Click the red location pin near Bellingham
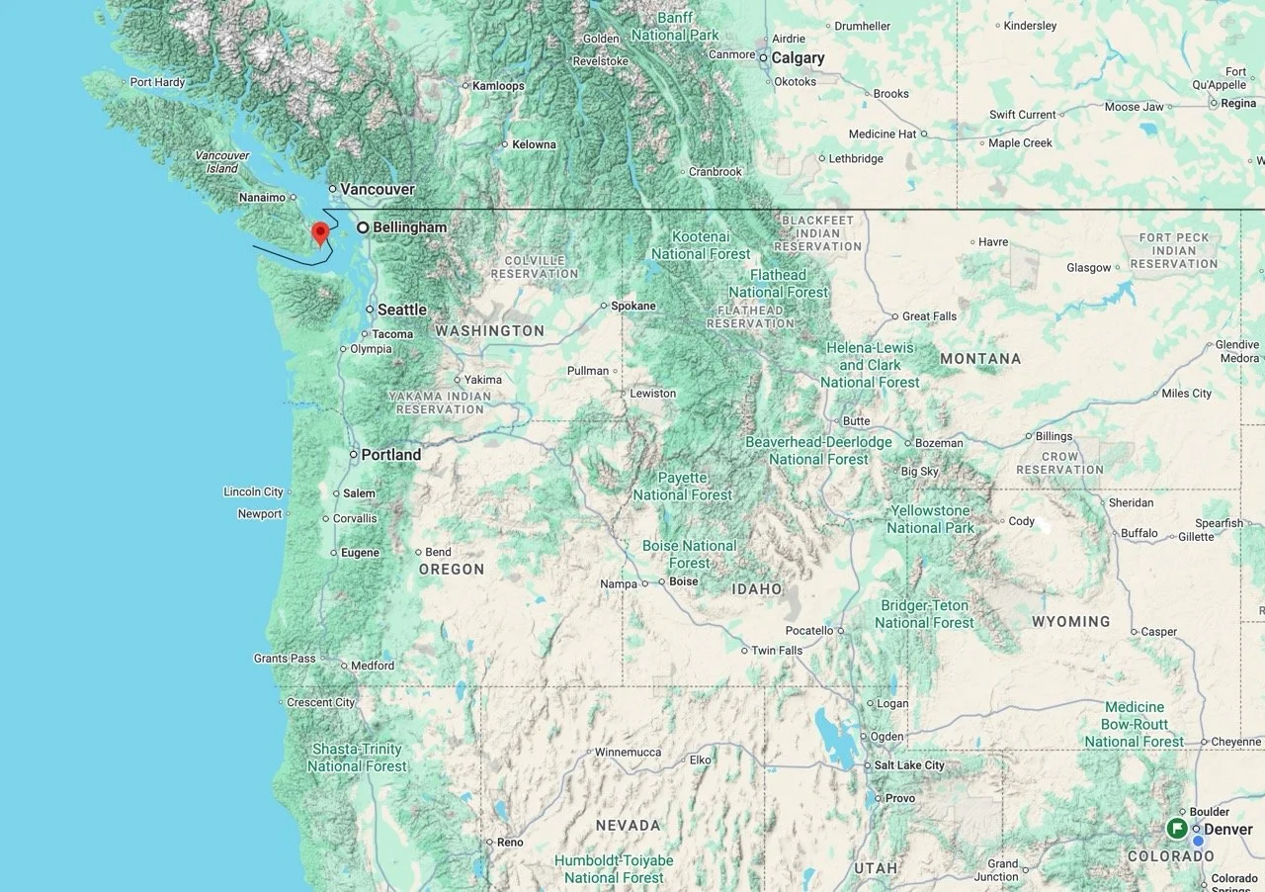pyautogui.click(x=319, y=233)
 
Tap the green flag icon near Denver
pyautogui.click(x=1176, y=828)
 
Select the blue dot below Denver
pyautogui.click(x=1198, y=842)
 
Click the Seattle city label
pyautogui.click(x=401, y=310)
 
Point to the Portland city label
pyautogui.click(x=390, y=455)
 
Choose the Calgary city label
pyautogui.click(x=798, y=58)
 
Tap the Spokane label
pyautogui.click(x=632, y=306)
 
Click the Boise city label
pyautogui.click(x=683, y=581)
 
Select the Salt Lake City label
pyautogui.click(x=908, y=765)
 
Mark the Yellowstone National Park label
pyautogui.click(x=930, y=519)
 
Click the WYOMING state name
pyautogui.click(x=1070, y=622)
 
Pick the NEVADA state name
pyautogui.click(x=628, y=825)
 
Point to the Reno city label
pyautogui.click(x=510, y=843)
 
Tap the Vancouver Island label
pyautogui.click(x=221, y=162)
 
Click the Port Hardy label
pyautogui.click(x=157, y=82)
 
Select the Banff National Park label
pyautogui.click(x=675, y=26)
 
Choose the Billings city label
pyautogui.click(x=1054, y=436)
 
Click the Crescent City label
pyautogui.click(x=320, y=703)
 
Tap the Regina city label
pyautogui.click(x=1238, y=103)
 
